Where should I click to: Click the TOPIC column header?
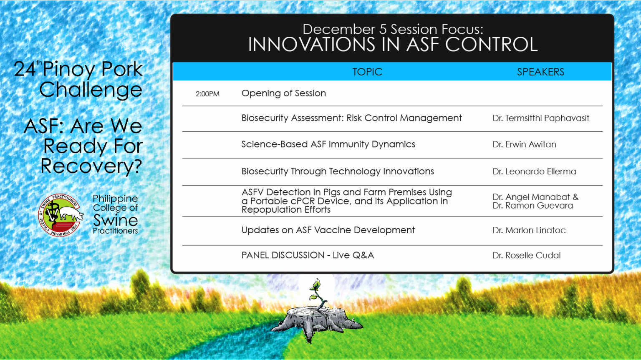pos(367,72)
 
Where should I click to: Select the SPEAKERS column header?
pos(540,72)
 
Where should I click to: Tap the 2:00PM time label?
pos(207,94)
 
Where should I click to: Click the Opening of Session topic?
pos(284,93)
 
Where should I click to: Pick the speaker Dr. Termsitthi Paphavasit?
pos(541,118)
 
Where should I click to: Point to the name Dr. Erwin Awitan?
pos(524,144)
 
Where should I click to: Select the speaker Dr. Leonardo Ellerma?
pos(534,171)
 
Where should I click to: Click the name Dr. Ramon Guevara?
pos(533,206)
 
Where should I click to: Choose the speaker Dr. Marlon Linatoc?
pos(529,230)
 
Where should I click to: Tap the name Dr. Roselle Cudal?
pos(527,255)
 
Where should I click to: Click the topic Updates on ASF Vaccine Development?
pos(328,230)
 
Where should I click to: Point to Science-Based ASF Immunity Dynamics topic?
pos(328,144)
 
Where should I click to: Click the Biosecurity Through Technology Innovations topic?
pos(338,171)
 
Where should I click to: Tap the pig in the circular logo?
pos(70,213)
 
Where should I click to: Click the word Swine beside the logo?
pos(115,220)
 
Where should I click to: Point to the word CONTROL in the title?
pos(491,45)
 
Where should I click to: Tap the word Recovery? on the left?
pos(91,166)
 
